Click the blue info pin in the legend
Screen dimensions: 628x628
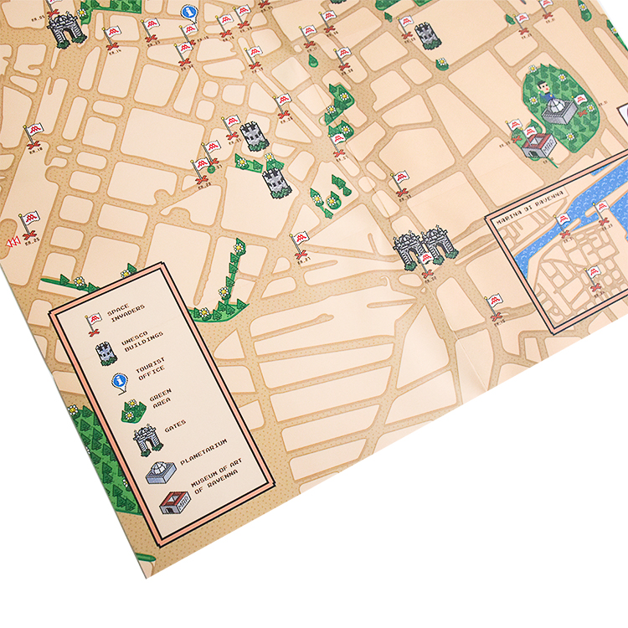[118, 382]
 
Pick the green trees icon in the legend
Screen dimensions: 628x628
[135, 410]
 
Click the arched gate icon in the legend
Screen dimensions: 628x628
[147, 438]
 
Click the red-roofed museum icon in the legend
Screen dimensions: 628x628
[173, 502]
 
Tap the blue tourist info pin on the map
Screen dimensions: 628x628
[190, 12]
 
